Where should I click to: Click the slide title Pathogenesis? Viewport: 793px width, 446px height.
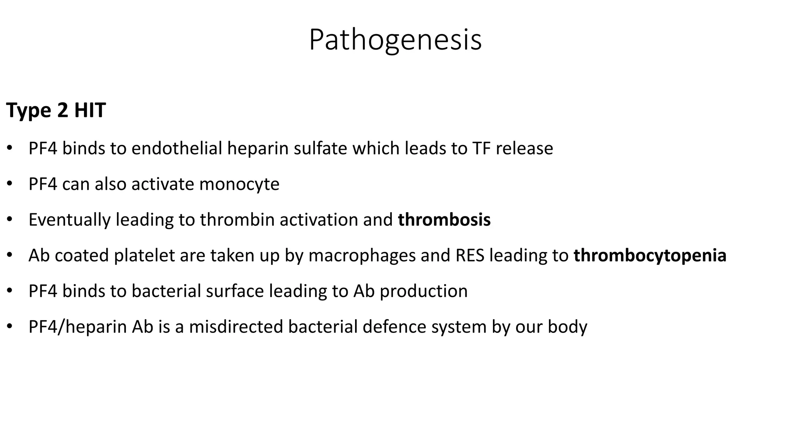(395, 40)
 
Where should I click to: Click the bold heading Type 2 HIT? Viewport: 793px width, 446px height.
(56, 110)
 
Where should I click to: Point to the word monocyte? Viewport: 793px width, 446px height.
(239, 184)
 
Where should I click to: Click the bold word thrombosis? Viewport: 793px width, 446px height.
(444, 220)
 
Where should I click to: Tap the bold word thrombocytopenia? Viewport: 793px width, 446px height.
(650, 256)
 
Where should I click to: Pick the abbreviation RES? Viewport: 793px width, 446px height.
(470, 256)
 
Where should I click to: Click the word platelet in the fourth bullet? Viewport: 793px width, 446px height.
(144, 256)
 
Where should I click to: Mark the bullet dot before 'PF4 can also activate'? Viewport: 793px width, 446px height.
(10, 184)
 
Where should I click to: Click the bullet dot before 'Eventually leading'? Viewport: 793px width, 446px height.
(10, 220)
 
